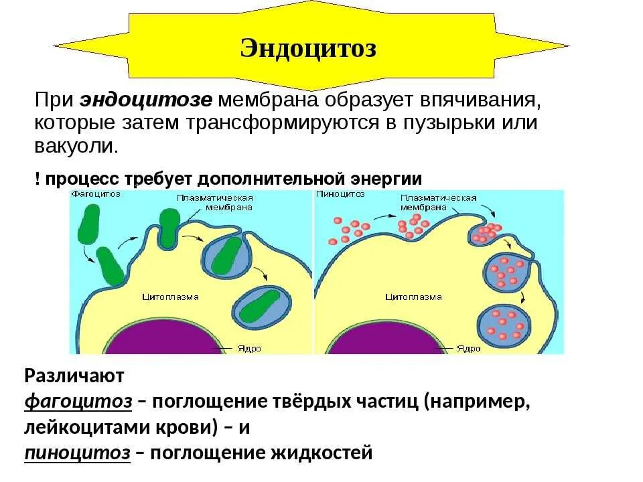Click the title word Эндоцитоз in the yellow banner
point(308,48)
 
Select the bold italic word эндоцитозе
point(146,100)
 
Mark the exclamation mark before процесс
point(38,179)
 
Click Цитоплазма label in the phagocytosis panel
point(171,296)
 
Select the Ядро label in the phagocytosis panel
point(248,349)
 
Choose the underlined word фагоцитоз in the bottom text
point(78,402)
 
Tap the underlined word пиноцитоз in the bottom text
point(78,453)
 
